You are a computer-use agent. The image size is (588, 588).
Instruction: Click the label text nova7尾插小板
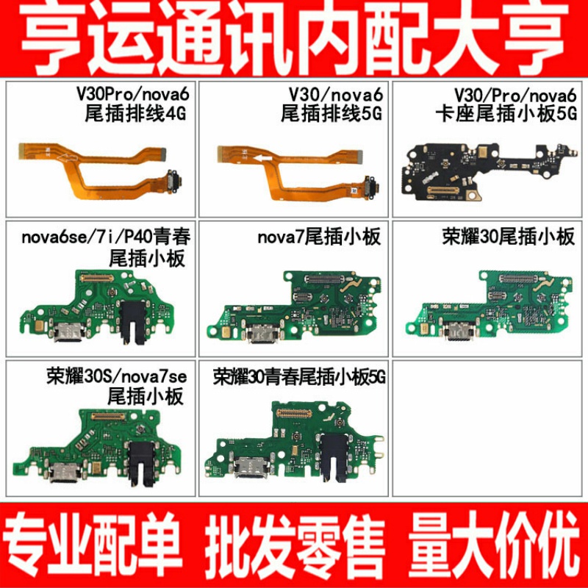pyautogui.click(x=319, y=238)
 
